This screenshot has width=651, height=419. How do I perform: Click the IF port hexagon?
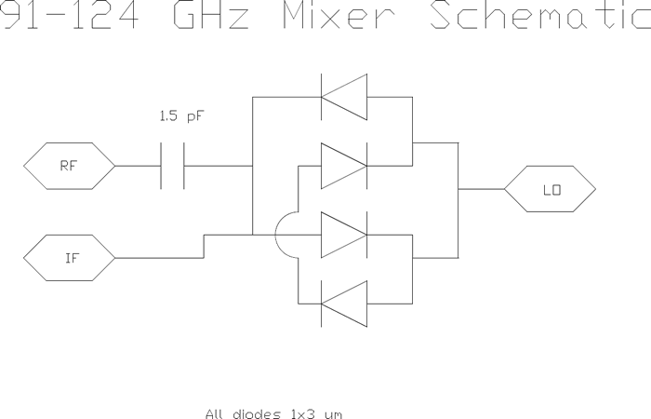tap(69, 258)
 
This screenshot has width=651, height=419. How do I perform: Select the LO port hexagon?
tap(550, 190)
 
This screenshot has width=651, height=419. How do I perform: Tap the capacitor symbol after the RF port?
tap(173, 167)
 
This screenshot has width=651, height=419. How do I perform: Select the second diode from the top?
tap(343, 166)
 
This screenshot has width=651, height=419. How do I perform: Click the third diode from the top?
tap(343, 235)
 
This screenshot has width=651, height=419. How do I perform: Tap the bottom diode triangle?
tap(343, 304)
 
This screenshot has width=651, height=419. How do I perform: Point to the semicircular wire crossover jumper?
tap(285, 235)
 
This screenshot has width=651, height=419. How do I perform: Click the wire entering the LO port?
tap(481, 189)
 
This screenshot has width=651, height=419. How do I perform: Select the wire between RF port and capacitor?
tap(137, 167)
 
